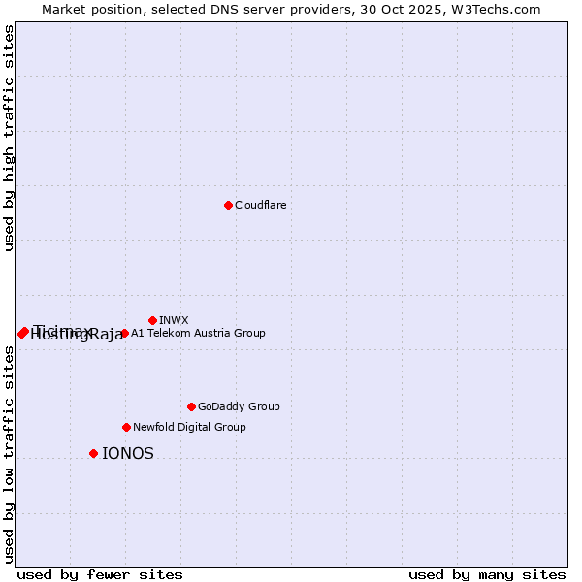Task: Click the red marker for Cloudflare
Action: coord(228,205)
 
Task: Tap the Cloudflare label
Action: coord(260,205)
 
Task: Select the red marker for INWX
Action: coord(152,320)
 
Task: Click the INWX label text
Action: coord(174,320)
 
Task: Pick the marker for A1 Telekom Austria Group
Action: coord(124,333)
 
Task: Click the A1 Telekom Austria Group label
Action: coord(198,333)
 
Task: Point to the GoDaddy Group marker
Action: coord(191,406)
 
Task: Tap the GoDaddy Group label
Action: coord(239,406)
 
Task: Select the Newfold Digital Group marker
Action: coord(126,427)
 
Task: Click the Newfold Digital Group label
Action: coord(189,427)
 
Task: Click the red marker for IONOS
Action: coord(93,453)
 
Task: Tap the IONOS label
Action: coord(128,453)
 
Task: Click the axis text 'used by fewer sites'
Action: coord(99,574)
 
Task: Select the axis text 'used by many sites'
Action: coord(487,574)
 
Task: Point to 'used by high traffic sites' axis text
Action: coord(9,138)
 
